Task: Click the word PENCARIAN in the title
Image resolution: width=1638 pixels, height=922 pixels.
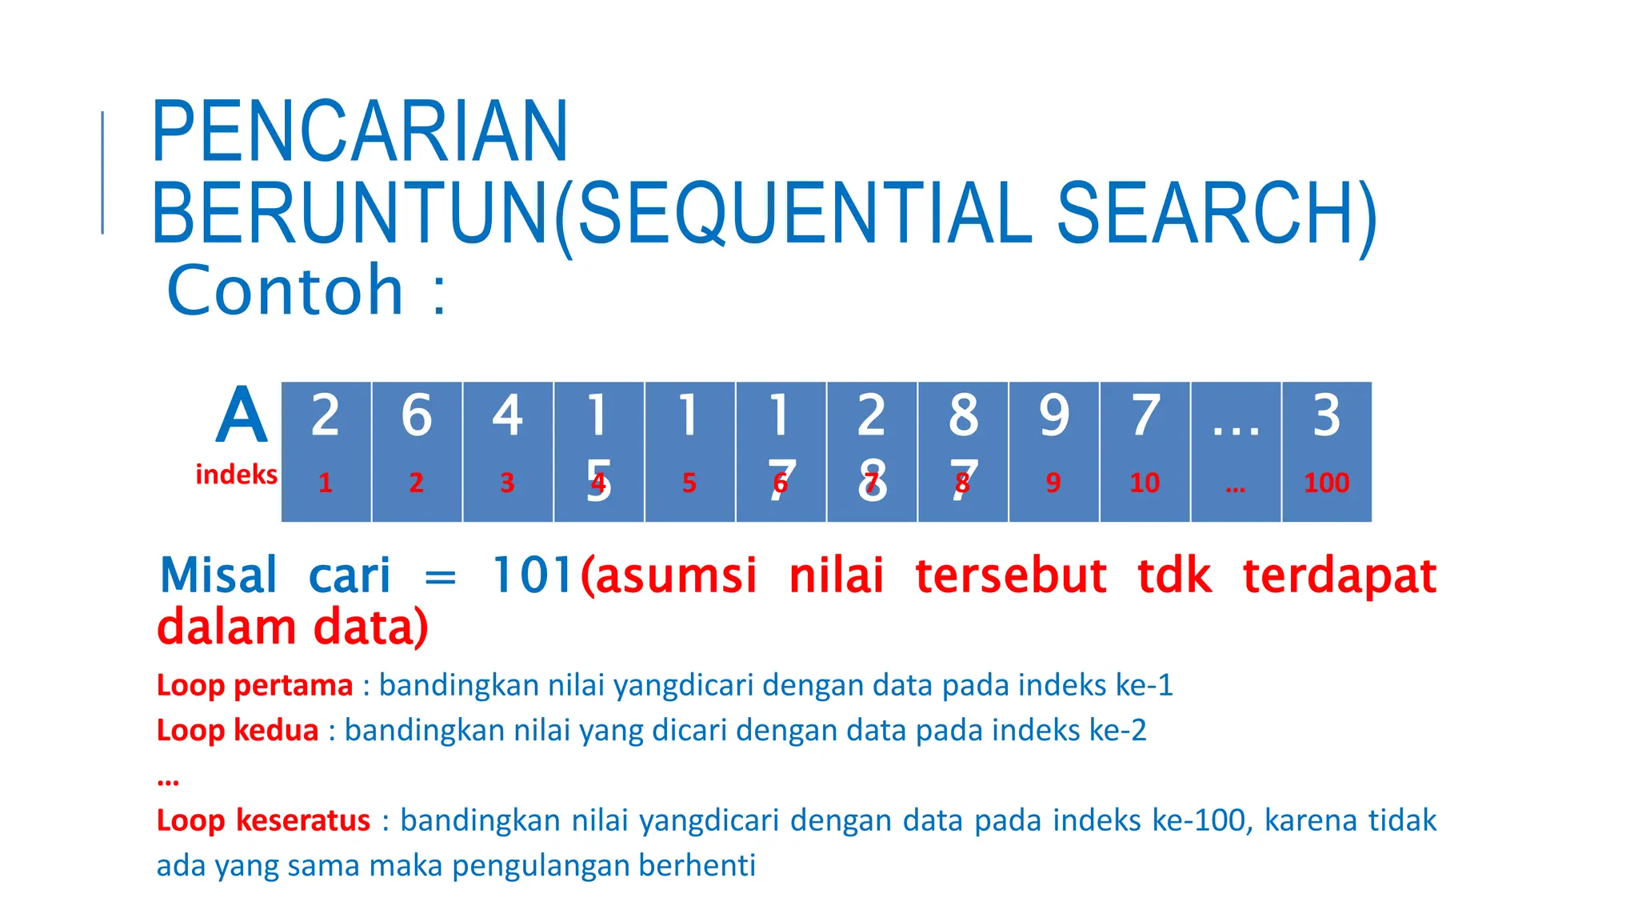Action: pyautogui.click(x=359, y=131)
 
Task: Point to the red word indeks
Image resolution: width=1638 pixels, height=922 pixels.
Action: pyautogui.click(x=236, y=475)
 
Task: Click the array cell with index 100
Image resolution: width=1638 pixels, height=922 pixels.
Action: pyautogui.click(x=1326, y=451)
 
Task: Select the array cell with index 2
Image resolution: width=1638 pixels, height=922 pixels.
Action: pyautogui.click(x=417, y=451)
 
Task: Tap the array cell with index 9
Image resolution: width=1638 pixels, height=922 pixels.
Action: pyautogui.click(x=1053, y=451)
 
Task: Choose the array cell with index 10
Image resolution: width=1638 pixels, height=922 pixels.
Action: pyautogui.click(x=1145, y=451)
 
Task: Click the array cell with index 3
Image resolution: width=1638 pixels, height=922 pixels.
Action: pyautogui.click(x=507, y=451)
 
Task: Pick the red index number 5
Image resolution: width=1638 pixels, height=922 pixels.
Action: pyautogui.click(x=689, y=483)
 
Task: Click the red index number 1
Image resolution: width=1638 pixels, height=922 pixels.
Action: pyautogui.click(x=326, y=483)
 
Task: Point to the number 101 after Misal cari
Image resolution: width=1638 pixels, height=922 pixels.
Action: pyautogui.click(x=533, y=575)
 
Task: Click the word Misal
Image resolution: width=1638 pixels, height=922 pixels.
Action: pyautogui.click(x=218, y=575)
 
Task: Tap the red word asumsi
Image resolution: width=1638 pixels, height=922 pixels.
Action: pyautogui.click(x=675, y=575)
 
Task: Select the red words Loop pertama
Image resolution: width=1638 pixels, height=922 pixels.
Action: pyautogui.click(x=254, y=685)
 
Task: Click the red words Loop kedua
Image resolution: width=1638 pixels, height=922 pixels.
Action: pyautogui.click(x=238, y=730)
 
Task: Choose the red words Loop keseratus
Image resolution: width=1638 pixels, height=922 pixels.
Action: pyautogui.click(x=263, y=820)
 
